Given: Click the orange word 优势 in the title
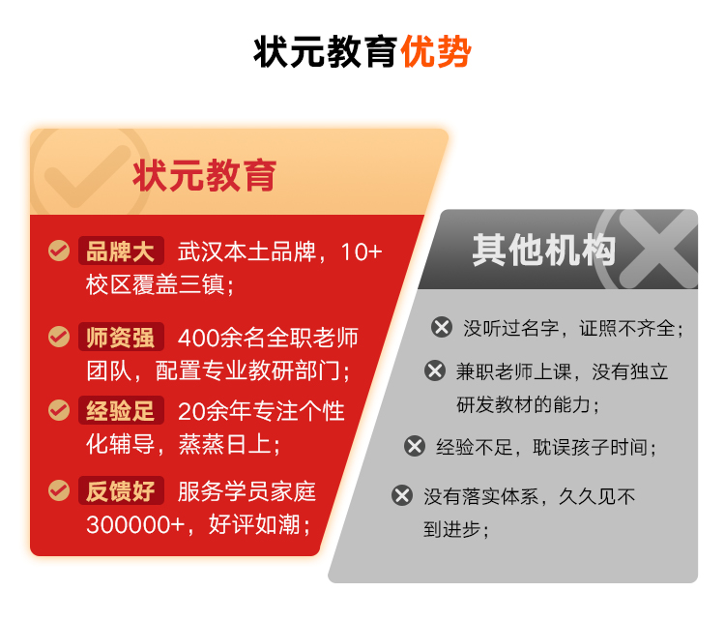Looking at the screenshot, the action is (x=436, y=51).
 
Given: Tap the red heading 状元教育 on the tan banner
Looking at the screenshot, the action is (x=204, y=175).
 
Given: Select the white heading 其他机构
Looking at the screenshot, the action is (x=543, y=250).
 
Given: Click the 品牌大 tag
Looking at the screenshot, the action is (x=121, y=251).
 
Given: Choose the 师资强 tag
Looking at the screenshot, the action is (x=121, y=337).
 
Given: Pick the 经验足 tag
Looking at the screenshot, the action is (x=121, y=410).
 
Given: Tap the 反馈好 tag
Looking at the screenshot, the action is (x=121, y=490).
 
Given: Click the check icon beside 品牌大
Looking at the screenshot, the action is (x=59, y=251).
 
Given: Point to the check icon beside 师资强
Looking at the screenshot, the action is (x=59, y=337).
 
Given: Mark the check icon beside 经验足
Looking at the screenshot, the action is (x=59, y=410).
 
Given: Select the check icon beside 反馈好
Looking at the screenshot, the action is (x=59, y=490).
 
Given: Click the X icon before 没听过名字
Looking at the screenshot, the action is (x=442, y=327).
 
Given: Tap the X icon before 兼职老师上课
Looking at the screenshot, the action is (x=435, y=370).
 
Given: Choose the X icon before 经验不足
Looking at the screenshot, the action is (x=415, y=446).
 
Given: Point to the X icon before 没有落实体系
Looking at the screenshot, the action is (x=402, y=495).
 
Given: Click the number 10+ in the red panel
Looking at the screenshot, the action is (x=362, y=252).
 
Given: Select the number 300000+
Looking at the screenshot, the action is (x=135, y=525).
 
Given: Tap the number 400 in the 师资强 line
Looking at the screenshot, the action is (x=198, y=339).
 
